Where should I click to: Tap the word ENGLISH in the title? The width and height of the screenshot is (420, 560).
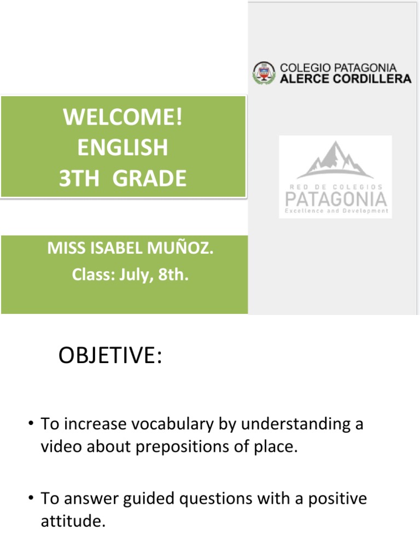pyautogui.click(x=122, y=148)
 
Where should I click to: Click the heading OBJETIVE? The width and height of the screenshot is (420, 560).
pyautogui.click(x=110, y=355)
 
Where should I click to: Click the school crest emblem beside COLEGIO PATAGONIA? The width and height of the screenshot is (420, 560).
pyautogui.click(x=264, y=73)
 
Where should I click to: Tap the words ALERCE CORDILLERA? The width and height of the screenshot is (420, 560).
pyautogui.click(x=345, y=79)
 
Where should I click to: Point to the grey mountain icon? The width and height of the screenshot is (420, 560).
pyautogui.click(x=335, y=160)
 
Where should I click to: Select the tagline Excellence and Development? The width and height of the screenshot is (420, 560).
pyautogui.click(x=335, y=211)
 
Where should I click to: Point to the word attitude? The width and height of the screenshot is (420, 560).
pyautogui.click(x=72, y=522)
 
